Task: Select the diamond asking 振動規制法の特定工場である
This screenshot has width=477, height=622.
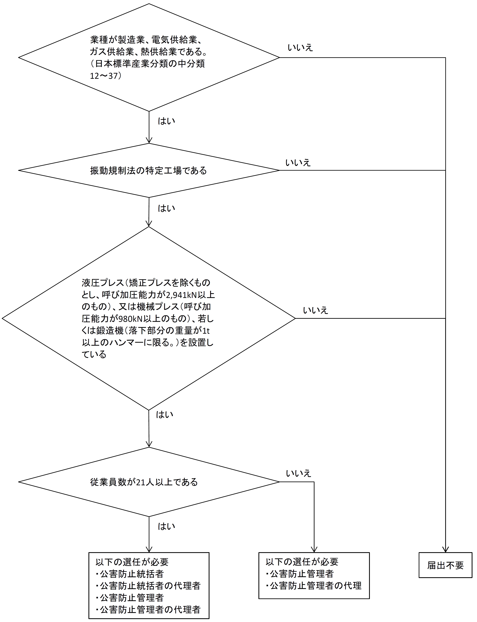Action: (149, 170)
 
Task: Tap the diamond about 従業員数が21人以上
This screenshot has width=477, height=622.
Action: (149, 482)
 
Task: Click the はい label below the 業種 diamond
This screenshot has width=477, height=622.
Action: (166, 121)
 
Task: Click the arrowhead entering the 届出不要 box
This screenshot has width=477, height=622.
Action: (445, 549)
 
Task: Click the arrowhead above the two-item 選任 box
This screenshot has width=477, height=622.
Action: (314, 549)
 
